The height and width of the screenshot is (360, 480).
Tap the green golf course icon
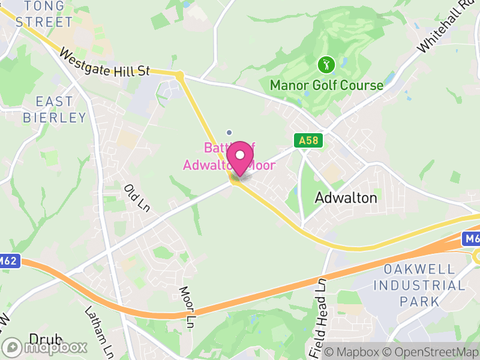pyautogui.click(x=326, y=64)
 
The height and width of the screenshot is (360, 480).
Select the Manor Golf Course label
pyautogui.click(x=326, y=85)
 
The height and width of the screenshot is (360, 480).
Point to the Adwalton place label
pyautogui.click(x=346, y=197)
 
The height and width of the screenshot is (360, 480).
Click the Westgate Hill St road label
pyautogui.click(x=104, y=63)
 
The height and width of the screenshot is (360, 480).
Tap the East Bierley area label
pyautogui.click(x=55, y=109)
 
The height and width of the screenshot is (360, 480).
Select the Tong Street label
pyautogui.click(x=43, y=15)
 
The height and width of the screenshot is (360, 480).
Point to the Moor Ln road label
pyautogui.click(x=187, y=307)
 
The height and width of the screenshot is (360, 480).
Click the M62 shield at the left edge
pyautogui.click(x=10, y=261)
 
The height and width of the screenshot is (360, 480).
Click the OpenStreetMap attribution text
pyautogui.click(x=431, y=352)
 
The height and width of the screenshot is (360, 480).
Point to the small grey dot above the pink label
pyautogui.click(x=229, y=132)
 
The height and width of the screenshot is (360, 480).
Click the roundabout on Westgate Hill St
pyautogui.click(x=179, y=75)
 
